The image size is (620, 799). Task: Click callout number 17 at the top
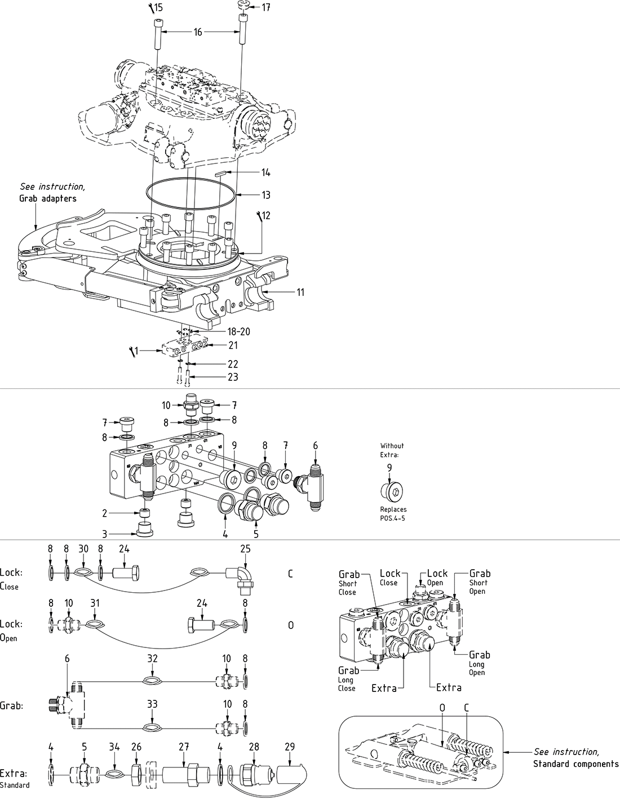click(266, 7)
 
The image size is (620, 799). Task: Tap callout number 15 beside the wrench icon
click(158, 8)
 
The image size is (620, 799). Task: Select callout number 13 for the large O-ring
click(265, 195)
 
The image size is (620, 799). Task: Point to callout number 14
click(265, 172)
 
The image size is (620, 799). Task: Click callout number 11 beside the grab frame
click(300, 292)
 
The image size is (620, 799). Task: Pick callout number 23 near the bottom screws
click(232, 377)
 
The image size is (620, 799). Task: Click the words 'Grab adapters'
click(48, 198)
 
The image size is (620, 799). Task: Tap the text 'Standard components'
click(575, 764)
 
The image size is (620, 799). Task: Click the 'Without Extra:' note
click(392, 450)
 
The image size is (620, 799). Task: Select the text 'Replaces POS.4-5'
click(393, 513)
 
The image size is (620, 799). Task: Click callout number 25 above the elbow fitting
click(245, 548)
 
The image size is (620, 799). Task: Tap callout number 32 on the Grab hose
click(152, 658)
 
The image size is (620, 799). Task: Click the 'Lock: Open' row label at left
click(11, 630)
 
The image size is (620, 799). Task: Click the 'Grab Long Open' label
click(479, 663)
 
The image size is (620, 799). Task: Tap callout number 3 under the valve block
click(104, 534)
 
